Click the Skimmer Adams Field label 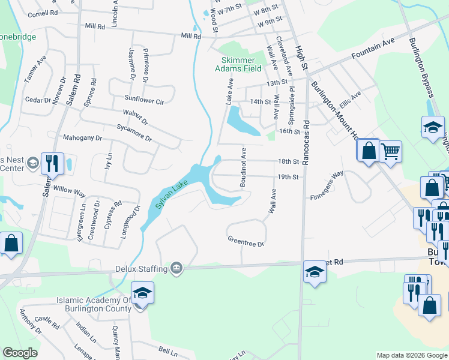(x=241, y=64)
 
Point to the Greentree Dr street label (x=246, y=241)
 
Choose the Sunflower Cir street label (x=144, y=101)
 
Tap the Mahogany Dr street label (x=83, y=138)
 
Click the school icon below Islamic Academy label (x=142, y=293)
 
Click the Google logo (x=20, y=353)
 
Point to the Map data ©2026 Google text (x=412, y=355)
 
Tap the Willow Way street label (x=70, y=193)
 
